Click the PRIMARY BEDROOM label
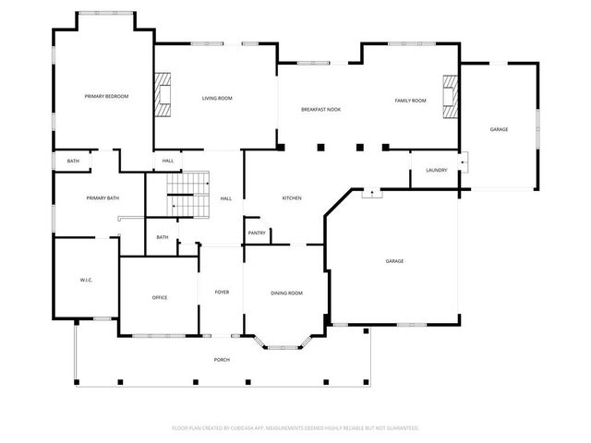point(106,97)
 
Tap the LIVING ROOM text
point(217,98)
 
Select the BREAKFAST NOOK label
point(320,110)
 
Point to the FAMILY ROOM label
point(410,100)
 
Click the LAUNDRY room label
point(436,171)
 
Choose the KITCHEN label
point(292,198)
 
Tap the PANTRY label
point(257,233)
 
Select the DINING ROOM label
point(286,293)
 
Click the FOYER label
point(222,293)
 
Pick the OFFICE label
point(160,297)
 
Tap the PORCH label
point(222,359)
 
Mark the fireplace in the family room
point(450,97)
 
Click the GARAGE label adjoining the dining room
point(394,261)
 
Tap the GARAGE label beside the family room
point(499,129)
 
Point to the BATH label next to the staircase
point(163,237)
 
